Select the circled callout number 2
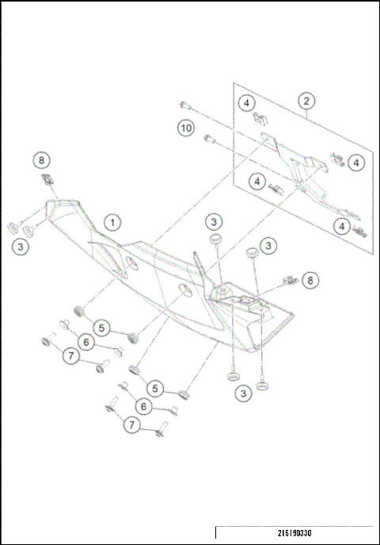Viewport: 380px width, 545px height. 306,101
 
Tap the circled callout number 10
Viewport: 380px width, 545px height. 184,128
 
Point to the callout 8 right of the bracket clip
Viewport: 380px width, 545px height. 310,280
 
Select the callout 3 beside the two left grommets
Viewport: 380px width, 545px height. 19,247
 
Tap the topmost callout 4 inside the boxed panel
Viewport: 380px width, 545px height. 247,103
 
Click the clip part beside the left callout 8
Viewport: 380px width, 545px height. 47,178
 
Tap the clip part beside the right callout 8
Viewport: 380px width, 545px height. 288,280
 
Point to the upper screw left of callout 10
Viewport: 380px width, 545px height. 184,104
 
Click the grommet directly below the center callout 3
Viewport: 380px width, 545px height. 214,239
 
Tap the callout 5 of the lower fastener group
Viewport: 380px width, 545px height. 157,389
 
